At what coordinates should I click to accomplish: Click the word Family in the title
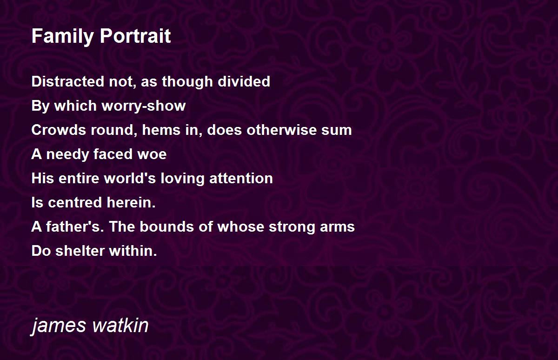(62, 37)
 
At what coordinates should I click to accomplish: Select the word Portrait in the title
(135, 36)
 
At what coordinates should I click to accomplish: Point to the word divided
(244, 81)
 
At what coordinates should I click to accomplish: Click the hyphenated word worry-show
(144, 106)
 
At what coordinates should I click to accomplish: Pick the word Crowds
(59, 130)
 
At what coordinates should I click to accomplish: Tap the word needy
(67, 154)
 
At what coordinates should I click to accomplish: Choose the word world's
(130, 178)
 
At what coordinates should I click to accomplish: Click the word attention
(241, 179)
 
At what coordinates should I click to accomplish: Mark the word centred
(75, 202)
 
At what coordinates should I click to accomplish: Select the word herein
(131, 202)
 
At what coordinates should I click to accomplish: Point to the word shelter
(80, 251)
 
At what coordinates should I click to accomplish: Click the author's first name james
(58, 326)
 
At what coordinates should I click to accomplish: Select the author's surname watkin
(120, 325)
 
